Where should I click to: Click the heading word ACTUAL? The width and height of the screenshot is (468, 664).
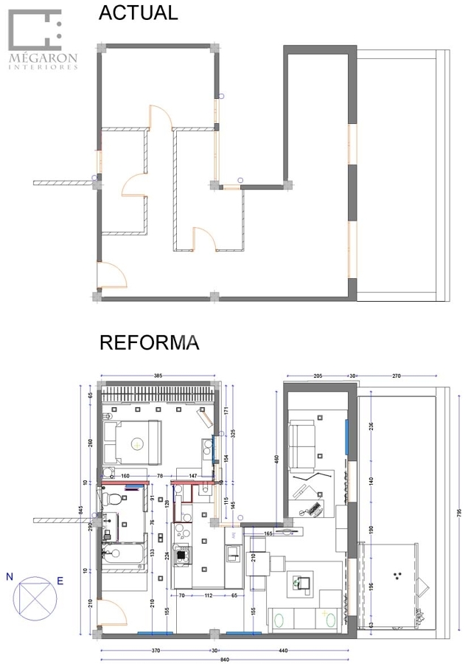tap(139, 13)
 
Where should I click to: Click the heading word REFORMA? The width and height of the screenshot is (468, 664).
tap(149, 343)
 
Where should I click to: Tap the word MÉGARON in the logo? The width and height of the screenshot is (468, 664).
tap(43, 57)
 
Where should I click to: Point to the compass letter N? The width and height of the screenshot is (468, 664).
tap(9, 577)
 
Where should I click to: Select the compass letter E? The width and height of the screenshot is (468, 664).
tap(60, 581)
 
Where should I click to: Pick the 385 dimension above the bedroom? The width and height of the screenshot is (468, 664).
tap(158, 375)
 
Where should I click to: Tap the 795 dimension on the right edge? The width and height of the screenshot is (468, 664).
tap(458, 512)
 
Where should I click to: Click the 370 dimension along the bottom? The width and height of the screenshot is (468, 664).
tap(156, 650)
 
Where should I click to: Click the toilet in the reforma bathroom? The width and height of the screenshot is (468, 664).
tap(111, 500)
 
